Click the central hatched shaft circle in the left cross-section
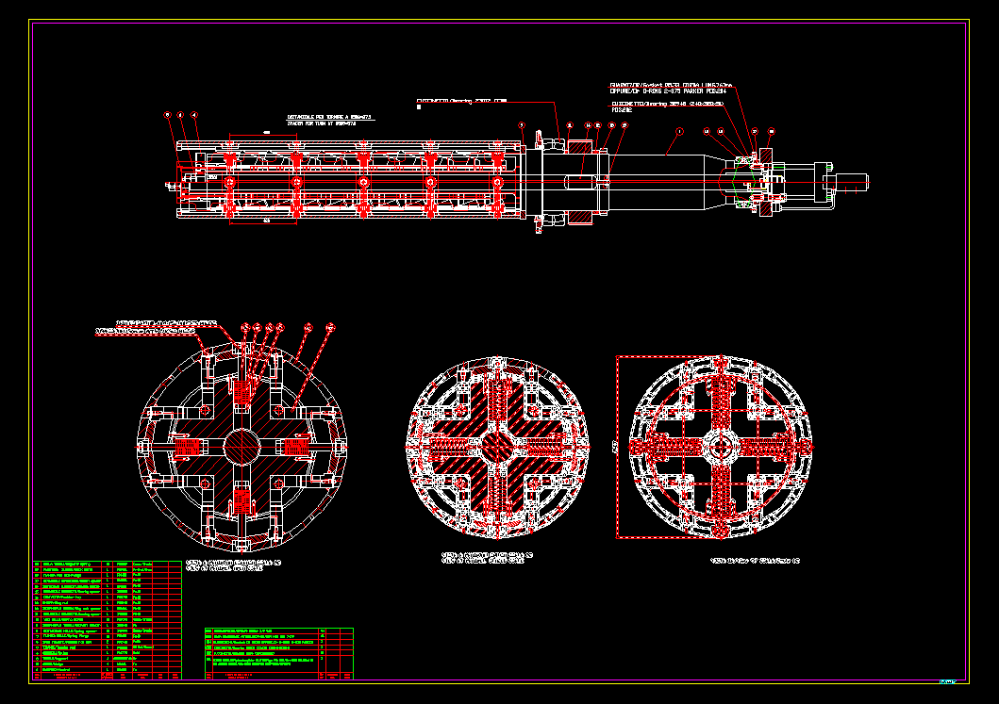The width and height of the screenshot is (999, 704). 242,441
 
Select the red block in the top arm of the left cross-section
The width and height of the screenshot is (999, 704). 242,388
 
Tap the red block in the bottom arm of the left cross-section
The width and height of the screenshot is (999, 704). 242,496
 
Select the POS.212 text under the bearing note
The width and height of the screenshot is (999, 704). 622,110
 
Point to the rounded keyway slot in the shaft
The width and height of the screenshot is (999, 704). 583,181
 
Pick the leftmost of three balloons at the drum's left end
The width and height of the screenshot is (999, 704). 168,114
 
